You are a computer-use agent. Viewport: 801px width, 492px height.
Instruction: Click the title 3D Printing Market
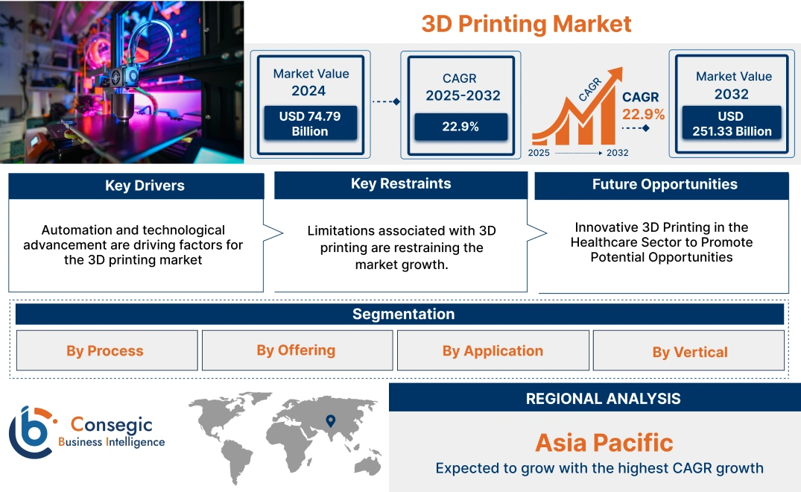pyautogui.click(x=526, y=24)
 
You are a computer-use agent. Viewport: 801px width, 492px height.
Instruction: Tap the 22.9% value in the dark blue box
pyautogui.click(x=460, y=127)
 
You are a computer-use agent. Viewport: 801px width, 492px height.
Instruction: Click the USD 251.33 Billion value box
pyautogui.click(x=734, y=124)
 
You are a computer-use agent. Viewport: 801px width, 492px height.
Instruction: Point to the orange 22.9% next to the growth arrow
pyautogui.click(x=644, y=115)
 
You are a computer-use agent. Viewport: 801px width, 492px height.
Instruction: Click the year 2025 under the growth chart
pyautogui.click(x=539, y=153)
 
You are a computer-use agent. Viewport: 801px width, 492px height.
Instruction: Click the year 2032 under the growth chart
pyautogui.click(x=617, y=153)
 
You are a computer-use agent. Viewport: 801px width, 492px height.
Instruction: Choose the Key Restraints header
pyautogui.click(x=401, y=184)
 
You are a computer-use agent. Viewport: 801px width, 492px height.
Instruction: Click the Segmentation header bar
pyautogui.click(x=403, y=314)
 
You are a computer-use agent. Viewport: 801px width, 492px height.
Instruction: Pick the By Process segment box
pyautogui.click(x=105, y=351)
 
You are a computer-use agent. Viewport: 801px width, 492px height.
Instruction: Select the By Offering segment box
pyautogui.click(x=296, y=350)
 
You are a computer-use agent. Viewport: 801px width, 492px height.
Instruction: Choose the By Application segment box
pyautogui.click(x=493, y=350)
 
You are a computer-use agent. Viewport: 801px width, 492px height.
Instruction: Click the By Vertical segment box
pyautogui.click(x=689, y=352)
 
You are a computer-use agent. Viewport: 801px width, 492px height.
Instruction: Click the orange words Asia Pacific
pyautogui.click(x=604, y=443)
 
